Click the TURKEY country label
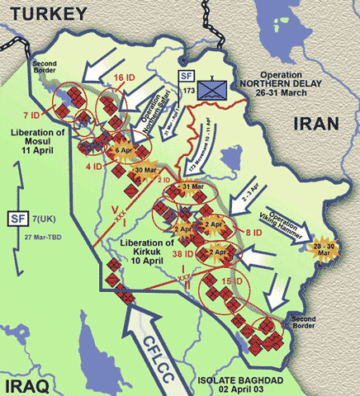pyautogui.click(x=43, y=13)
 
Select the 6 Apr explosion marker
pyautogui.click(x=124, y=151)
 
